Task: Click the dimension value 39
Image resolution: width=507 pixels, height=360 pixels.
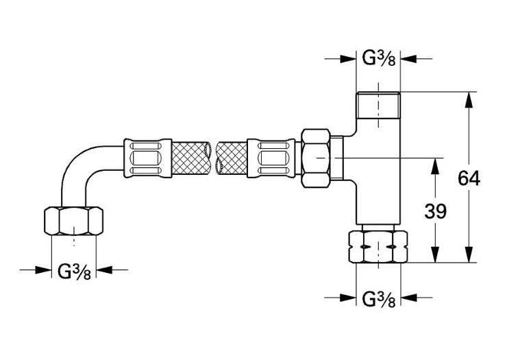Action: pos(435,211)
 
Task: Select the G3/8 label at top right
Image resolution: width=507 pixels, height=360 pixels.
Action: pos(378,60)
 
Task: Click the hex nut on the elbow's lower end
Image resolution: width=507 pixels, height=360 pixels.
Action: pos(74,221)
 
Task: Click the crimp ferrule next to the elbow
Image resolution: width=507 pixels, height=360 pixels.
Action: pos(146,158)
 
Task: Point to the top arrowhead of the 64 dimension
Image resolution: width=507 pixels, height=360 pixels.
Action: pos(469,99)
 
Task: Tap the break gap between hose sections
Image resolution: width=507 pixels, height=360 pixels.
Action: pos(214,158)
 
